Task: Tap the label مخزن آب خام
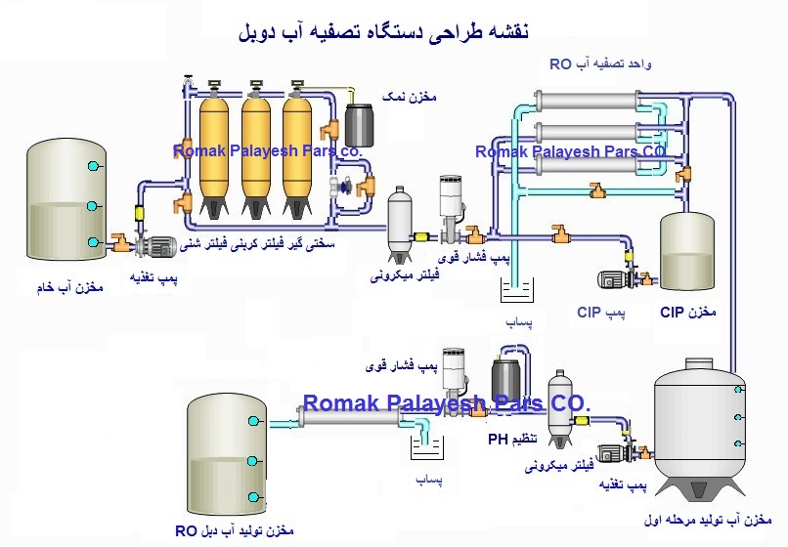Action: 65,290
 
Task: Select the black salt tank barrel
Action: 352,122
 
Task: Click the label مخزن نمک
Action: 407,98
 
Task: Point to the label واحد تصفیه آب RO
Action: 601,65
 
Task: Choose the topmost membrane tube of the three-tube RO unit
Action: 593,102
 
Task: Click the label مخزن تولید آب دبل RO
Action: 235,530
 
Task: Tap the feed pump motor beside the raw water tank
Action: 156,248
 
